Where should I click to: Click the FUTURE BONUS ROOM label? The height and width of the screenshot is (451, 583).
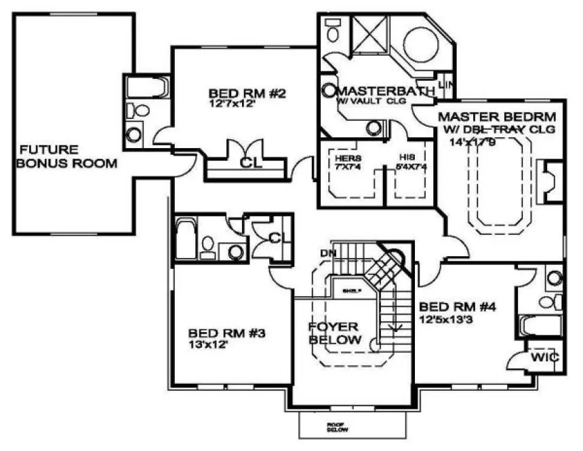(67, 156)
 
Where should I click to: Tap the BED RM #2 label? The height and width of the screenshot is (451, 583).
(241, 93)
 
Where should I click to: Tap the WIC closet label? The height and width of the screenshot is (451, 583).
(544, 357)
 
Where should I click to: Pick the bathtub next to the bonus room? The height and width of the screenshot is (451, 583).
(146, 89)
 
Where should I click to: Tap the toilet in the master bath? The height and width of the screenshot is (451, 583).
(333, 28)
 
